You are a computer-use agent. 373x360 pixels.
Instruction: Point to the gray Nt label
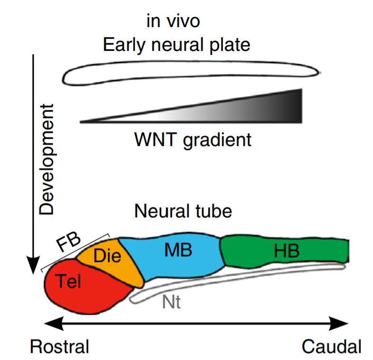[172, 302]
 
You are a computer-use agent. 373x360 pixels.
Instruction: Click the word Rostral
[60, 346]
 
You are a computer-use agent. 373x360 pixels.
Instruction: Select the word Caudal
[331, 346]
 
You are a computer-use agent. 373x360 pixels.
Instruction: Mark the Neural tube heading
[183, 211]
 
